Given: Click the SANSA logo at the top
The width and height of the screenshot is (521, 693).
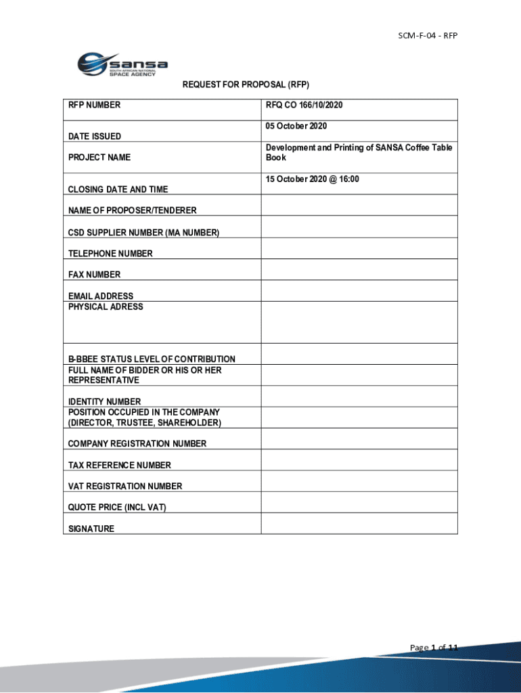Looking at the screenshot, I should (x=122, y=65).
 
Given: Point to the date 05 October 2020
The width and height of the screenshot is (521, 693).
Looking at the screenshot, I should (x=296, y=127).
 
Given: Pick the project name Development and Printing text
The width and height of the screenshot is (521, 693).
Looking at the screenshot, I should (x=359, y=152).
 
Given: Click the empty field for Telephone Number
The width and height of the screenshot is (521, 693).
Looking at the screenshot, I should (x=359, y=248).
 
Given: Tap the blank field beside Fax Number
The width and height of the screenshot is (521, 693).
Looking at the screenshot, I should (x=359, y=270).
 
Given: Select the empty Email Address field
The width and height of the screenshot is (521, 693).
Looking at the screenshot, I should (x=359, y=291).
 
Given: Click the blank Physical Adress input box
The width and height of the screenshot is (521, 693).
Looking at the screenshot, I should (x=359, y=322).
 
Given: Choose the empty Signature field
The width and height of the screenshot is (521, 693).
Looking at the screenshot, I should (x=359, y=523).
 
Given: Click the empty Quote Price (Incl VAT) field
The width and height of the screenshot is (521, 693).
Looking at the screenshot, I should (x=359, y=502).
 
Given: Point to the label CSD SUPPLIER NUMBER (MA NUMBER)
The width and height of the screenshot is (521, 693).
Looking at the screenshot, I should (x=143, y=233).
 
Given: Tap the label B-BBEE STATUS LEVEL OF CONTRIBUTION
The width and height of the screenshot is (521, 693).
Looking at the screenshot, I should (x=152, y=359).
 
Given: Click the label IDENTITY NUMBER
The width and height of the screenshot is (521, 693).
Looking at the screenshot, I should (x=104, y=402).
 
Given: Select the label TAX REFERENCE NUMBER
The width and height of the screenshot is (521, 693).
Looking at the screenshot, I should (x=120, y=466).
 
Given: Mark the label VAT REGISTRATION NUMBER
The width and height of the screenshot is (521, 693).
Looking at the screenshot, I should (x=125, y=487).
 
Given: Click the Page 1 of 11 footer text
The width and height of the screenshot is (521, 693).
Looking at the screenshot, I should (x=434, y=648).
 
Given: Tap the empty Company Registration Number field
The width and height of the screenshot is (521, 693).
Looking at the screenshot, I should (x=359, y=439).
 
